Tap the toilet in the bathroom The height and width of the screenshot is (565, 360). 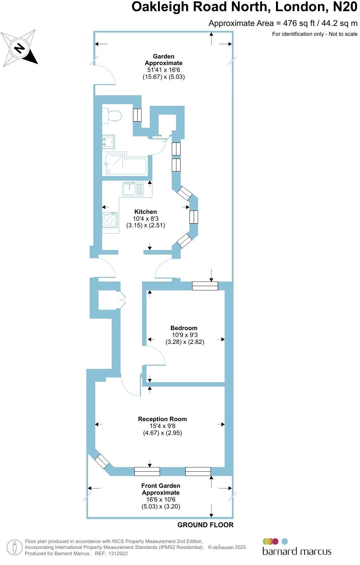[x=112, y=116]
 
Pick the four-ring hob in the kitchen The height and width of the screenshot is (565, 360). [x=110, y=220]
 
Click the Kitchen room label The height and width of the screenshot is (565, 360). [x=146, y=212]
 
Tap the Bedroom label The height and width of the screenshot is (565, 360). [x=184, y=328]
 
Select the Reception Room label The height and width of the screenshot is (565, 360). [x=162, y=419]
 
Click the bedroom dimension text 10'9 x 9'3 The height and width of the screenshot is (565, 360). [x=185, y=335]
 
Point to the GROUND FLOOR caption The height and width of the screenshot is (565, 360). [x=206, y=525]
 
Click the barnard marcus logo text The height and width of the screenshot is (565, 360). [x=297, y=551]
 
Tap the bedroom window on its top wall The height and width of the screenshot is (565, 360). [x=205, y=286]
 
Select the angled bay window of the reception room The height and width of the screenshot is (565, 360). [x=102, y=461]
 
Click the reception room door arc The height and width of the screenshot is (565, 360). [x=128, y=388]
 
